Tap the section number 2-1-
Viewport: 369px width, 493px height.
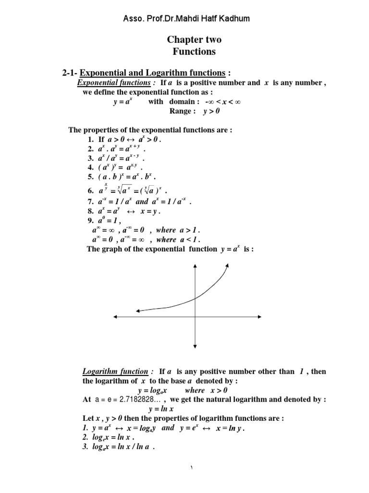72,73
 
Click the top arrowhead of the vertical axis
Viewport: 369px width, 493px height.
195,266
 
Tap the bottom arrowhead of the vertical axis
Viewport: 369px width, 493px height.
195,345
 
